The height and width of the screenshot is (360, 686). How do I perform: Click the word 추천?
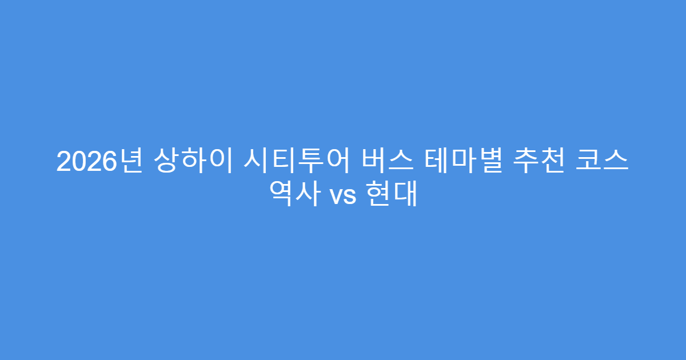(x=539, y=162)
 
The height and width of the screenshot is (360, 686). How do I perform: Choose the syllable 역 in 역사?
(x=284, y=195)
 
